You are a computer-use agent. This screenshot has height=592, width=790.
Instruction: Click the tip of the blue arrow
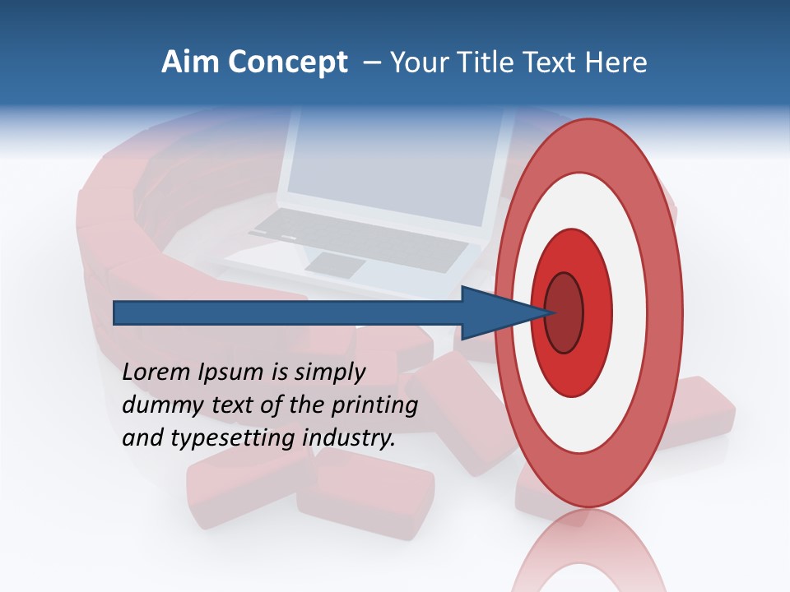click(x=546, y=312)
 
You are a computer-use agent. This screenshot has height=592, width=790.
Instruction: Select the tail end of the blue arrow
click(x=116, y=312)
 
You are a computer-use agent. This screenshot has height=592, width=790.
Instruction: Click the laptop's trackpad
click(x=336, y=265)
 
